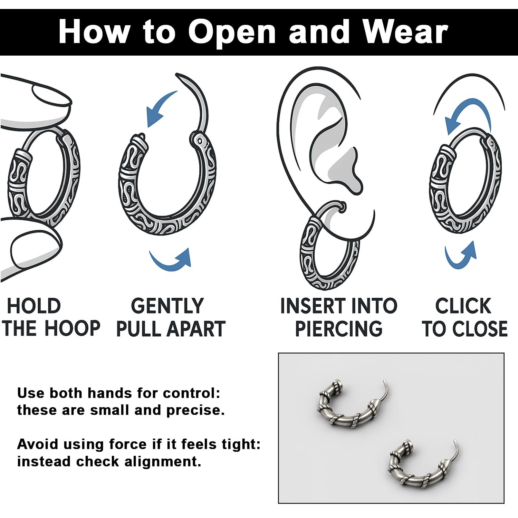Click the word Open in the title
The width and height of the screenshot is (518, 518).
pyautogui.click(x=231, y=33)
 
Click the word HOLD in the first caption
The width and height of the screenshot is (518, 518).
pyautogui.click(x=33, y=306)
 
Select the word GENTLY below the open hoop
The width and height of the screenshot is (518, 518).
pyautogui.click(x=167, y=306)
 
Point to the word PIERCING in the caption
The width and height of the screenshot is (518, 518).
pyautogui.click(x=339, y=328)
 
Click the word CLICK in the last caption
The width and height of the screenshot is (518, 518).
pyautogui.click(x=463, y=306)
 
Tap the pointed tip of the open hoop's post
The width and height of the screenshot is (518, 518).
pyautogui.click(x=177, y=74)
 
